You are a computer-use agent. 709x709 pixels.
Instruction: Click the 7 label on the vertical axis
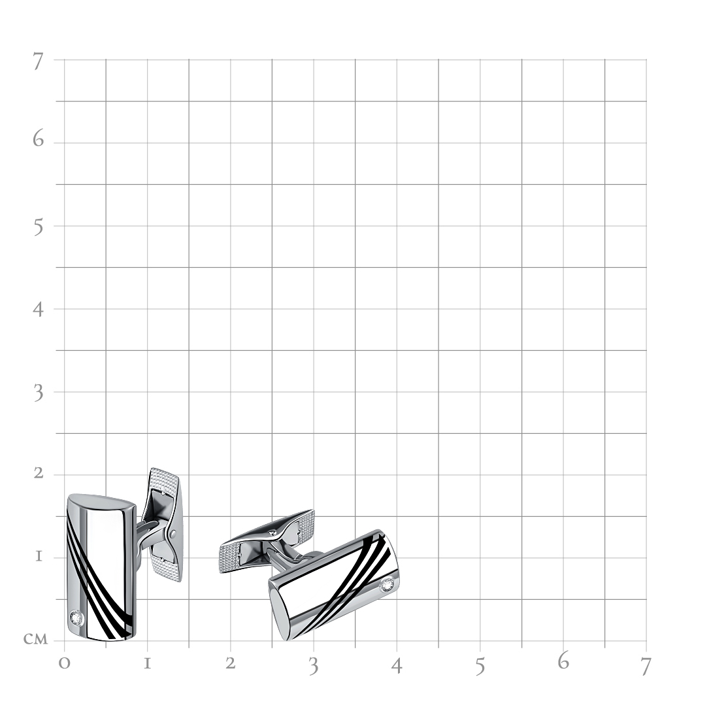38,61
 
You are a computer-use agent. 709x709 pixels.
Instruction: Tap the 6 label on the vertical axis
38,139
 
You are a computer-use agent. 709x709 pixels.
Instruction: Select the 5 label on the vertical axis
39,227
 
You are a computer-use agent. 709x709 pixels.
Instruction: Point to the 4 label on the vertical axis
38,309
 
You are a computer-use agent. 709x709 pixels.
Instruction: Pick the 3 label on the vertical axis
39,393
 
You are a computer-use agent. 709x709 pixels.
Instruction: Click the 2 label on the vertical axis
39,473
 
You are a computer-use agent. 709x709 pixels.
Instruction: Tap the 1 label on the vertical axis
39,556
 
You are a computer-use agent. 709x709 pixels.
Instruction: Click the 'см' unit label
35,639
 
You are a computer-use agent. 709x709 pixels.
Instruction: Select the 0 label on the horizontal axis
64,663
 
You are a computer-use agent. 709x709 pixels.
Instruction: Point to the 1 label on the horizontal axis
147,664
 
